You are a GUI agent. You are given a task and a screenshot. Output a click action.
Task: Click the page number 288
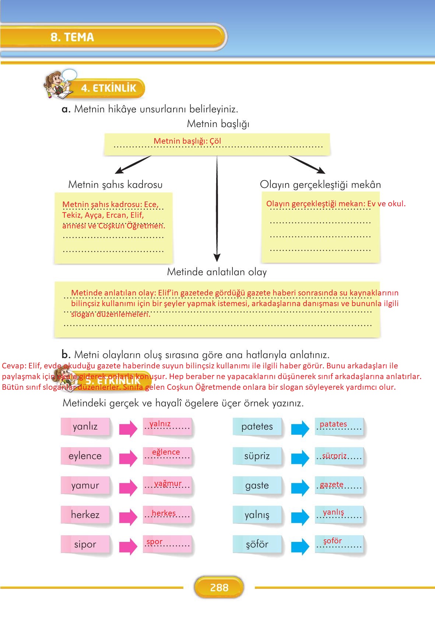click(x=219, y=587)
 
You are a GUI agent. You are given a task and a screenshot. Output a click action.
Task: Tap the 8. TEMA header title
click(x=73, y=37)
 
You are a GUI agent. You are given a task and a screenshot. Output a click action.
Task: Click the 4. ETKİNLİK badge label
click(x=109, y=88)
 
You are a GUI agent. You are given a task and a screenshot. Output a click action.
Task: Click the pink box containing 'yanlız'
click(x=85, y=427)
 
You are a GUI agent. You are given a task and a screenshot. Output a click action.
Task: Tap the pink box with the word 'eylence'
click(x=85, y=456)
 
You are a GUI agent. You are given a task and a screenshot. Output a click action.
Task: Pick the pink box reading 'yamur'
click(x=85, y=486)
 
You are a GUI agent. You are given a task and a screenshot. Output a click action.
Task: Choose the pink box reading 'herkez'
click(x=85, y=515)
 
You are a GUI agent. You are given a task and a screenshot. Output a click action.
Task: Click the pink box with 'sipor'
click(x=85, y=544)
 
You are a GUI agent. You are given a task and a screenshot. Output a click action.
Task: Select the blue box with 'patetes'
click(x=257, y=427)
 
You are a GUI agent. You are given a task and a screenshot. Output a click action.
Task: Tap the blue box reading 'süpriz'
click(x=257, y=456)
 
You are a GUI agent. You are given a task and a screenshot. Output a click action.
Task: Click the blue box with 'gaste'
click(x=257, y=486)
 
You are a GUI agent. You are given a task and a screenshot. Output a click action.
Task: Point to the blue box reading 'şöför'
click(x=257, y=544)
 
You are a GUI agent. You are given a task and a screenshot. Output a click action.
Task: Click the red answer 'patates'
click(x=333, y=424)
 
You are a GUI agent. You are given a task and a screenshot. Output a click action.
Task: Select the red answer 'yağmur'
click(x=168, y=483)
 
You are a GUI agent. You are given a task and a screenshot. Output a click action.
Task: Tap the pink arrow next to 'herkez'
click(x=128, y=516)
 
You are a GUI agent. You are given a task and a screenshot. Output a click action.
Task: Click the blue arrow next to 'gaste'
click(x=300, y=487)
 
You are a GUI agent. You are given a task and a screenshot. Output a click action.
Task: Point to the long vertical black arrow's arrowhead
click(x=217, y=258)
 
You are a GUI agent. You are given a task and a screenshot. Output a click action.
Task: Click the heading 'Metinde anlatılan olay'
click(x=217, y=272)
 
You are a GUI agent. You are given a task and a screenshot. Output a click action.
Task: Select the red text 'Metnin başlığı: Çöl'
click(x=187, y=141)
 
